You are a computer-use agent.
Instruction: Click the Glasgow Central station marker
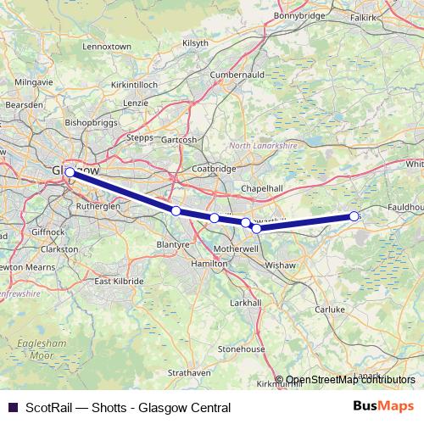pyautogui.click(x=70, y=171)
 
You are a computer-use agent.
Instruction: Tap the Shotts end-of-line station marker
pyautogui.click(x=354, y=216)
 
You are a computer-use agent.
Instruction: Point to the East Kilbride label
pyautogui.click(x=118, y=282)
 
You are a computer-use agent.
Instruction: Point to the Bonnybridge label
pyautogui.click(x=299, y=14)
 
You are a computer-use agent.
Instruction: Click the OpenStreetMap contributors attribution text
pyautogui.click(x=349, y=381)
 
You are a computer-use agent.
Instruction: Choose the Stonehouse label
pyautogui.click(x=243, y=348)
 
